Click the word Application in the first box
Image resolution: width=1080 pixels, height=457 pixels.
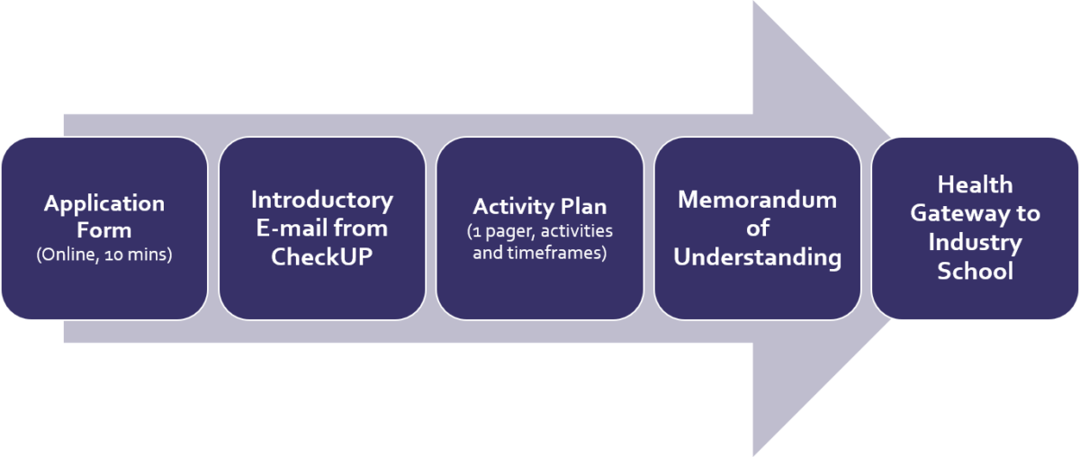pos(104,203)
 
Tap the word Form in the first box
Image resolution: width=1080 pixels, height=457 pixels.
pos(104,230)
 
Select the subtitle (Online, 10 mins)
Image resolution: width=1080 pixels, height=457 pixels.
pos(104,255)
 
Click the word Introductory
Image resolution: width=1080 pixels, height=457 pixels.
pos(322,199)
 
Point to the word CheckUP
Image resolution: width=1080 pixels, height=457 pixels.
pos(322,256)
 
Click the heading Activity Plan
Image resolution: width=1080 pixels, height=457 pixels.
pos(540,206)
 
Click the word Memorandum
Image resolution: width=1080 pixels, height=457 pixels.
pos(757,199)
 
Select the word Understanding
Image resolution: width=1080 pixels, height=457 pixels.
pos(757,257)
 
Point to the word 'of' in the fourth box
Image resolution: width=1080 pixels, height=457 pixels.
pos(757,228)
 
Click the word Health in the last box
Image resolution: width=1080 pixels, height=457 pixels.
pos(975,184)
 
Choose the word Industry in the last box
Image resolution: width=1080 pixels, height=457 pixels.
pos(975,242)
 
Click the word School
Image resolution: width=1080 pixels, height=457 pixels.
pos(975,271)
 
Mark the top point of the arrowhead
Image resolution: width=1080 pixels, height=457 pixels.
pos(754,4)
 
